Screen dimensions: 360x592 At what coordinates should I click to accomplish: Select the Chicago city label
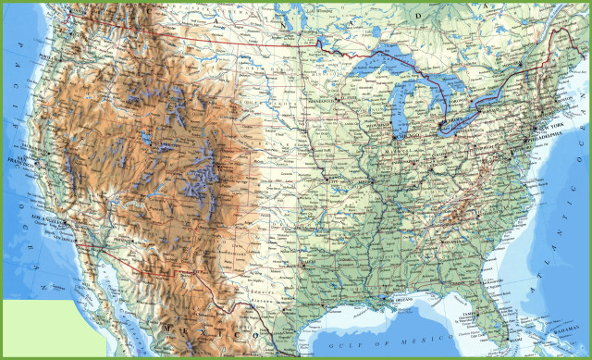403,138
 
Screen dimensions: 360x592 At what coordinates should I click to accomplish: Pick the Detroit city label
450,121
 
